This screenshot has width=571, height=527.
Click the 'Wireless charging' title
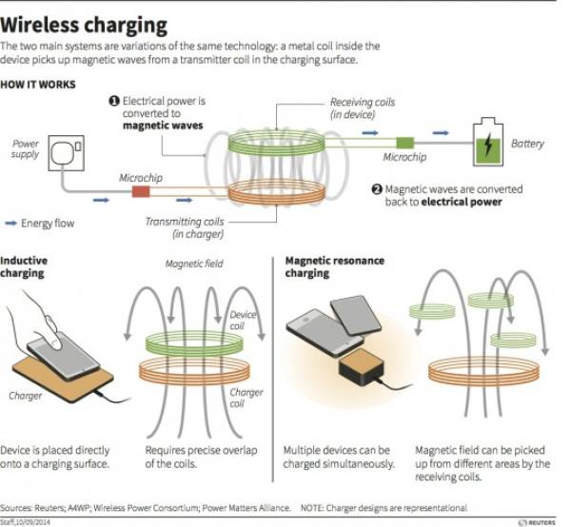[x=85, y=24]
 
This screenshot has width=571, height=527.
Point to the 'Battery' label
[x=528, y=144]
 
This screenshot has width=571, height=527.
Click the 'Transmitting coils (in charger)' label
[x=185, y=227]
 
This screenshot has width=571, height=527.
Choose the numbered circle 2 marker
[x=377, y=188]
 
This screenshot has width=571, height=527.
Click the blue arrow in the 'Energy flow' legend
[x=11, y=224]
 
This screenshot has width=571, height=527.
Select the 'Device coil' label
[x=243, y=321]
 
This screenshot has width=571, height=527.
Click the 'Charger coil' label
[x=246, y=397]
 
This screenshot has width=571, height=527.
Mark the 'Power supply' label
[x=26, y=148]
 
